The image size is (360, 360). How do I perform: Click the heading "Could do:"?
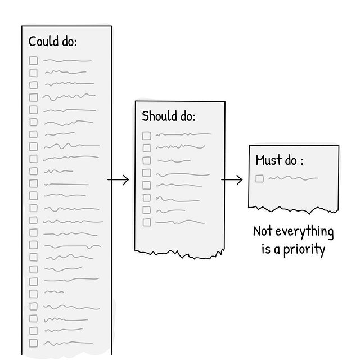(53, 42)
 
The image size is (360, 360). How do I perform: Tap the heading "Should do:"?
(169, 116)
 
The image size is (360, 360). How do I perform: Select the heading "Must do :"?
(280, 160)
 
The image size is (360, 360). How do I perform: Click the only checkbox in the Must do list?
(259, 179)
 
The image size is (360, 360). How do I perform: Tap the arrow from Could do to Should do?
(118, 180)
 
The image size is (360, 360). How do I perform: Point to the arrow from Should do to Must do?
(232, 180)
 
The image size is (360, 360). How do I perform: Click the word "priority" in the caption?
(304, 249)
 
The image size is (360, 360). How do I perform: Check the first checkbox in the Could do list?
(34, 60)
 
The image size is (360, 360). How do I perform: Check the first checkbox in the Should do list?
(146, 136)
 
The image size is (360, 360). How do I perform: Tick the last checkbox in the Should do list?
(146, 222)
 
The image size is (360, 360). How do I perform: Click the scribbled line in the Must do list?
(292, 179)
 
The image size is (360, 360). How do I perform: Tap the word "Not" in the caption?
(263, 231)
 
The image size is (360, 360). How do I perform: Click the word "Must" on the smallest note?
(268, 160)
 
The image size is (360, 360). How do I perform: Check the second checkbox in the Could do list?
(34, 73)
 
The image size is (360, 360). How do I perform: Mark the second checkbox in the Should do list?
(146, 148)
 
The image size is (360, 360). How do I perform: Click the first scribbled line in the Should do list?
(183, 135)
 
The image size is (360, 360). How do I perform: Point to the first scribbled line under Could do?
(67, 60)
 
